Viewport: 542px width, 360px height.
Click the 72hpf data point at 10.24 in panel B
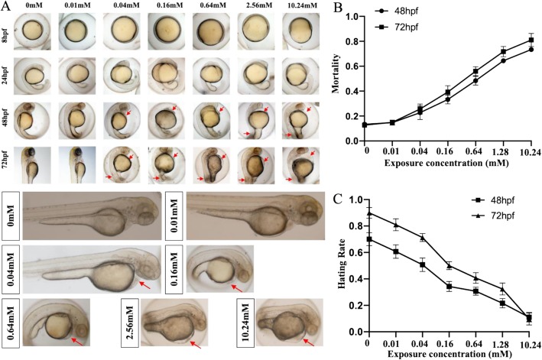click(531, 40)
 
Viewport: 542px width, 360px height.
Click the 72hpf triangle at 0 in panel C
click(368, 213)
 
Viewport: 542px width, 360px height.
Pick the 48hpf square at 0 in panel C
click(368, 239)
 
